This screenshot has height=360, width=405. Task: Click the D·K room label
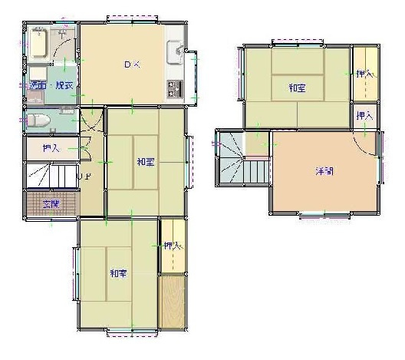132,64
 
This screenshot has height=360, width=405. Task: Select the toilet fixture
38,121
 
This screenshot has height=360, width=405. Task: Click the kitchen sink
175,54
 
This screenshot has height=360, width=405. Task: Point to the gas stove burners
174,88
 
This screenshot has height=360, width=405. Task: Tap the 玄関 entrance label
51,204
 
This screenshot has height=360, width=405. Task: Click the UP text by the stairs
86,177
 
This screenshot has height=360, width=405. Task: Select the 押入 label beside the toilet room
51,147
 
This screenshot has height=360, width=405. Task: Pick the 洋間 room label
324,171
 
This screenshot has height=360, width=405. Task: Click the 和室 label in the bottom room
118,274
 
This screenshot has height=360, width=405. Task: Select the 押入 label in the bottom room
173,246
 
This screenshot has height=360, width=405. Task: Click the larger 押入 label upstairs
365,74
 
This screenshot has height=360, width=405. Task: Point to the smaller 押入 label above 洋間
365,117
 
